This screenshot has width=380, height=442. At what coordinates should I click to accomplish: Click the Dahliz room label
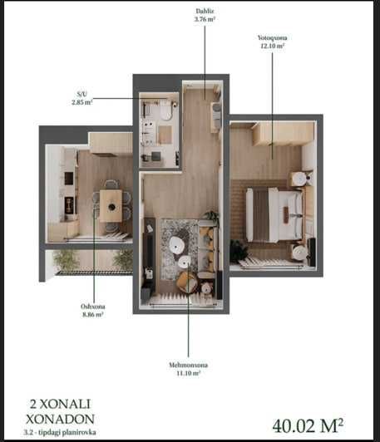205,11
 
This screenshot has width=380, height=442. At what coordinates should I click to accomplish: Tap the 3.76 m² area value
205,19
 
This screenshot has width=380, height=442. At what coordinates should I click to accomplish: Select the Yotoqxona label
272,37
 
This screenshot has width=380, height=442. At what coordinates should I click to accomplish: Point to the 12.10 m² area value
272,46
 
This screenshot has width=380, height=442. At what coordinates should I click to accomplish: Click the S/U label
82,94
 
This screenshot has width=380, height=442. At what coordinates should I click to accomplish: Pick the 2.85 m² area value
82,102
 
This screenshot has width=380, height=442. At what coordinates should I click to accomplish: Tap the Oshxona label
93,307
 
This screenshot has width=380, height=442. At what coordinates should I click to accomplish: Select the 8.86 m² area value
93,315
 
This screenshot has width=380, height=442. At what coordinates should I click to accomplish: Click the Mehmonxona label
188,365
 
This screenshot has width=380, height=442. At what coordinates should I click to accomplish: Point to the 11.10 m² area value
188,373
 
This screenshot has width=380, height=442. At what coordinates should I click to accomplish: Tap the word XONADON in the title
60,420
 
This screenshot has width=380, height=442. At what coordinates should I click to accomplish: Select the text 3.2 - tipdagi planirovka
60,432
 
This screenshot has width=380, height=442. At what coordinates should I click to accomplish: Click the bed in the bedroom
274,215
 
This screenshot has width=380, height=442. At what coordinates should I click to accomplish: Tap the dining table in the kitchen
111,205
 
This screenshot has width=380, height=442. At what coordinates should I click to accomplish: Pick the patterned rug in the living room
179,249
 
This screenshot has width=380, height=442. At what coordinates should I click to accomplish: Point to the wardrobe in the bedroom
283,134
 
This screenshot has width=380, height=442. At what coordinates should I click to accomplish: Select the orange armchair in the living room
186,281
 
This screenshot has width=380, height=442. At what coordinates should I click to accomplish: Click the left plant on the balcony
65,259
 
